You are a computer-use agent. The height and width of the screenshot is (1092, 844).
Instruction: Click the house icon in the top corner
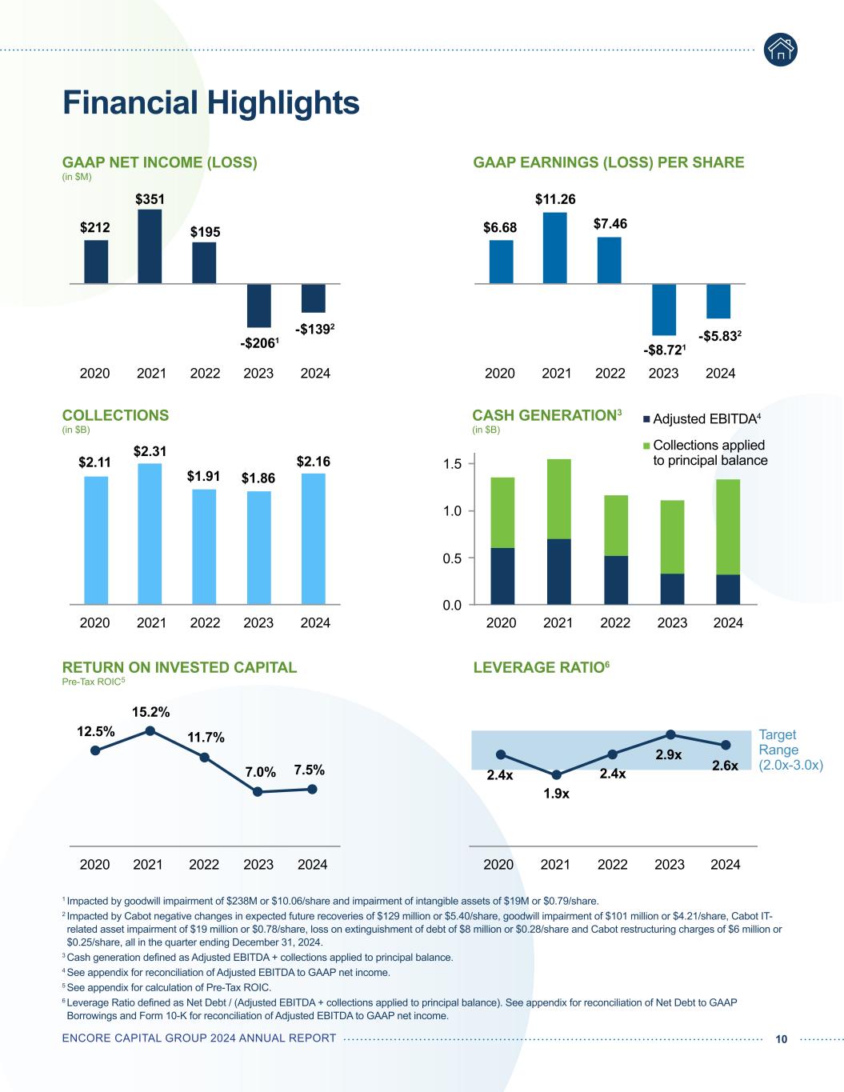(x=780, y=50)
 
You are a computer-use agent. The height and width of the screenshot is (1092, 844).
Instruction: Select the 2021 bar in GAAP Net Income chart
(x=150, y=246)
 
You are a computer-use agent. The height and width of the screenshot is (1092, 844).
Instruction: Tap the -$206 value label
(x=258, y=344)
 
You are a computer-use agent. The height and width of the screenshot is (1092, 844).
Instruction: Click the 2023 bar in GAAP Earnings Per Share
(x=664, y=310)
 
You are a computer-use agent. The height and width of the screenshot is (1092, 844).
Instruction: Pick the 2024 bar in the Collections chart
(x=313, y=538)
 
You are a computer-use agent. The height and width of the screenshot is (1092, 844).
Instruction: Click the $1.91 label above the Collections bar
(x=204, y=476)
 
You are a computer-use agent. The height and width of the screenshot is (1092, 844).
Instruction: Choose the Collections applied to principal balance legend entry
(x=709, y=453)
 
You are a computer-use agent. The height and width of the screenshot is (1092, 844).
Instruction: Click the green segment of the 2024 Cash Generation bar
(x=728, y=526)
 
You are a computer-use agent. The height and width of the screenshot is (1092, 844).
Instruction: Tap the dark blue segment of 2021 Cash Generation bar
(x=558, y=571)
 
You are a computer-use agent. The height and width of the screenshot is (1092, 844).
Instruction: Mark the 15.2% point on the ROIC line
(x=150, y=730)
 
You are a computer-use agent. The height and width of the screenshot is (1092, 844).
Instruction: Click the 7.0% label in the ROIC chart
(x=260, y=773)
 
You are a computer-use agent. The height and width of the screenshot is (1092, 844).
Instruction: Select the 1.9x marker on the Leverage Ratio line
(x=557, y=774)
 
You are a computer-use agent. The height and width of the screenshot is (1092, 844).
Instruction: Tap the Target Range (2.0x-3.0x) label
(x=790, y=750)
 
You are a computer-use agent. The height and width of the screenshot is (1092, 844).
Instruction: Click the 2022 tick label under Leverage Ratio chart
(x=612, y=864)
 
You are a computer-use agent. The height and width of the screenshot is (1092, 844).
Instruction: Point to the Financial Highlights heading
(x=211, y=102)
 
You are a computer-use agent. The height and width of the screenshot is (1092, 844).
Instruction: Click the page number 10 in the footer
(x=782, y=1038)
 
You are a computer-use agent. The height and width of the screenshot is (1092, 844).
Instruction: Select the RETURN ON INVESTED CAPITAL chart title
(x=179, y=667)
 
